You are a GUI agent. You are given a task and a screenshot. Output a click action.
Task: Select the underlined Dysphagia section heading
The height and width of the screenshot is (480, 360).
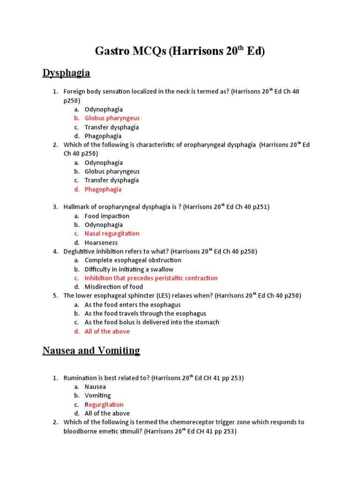[66, 73]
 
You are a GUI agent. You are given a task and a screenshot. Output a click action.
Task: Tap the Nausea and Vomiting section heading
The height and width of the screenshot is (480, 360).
[91, 351]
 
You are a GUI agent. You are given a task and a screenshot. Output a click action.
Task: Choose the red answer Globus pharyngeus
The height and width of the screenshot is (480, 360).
[112, 118]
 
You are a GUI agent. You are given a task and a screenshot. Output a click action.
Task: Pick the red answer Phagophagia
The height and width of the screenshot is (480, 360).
[103, 189]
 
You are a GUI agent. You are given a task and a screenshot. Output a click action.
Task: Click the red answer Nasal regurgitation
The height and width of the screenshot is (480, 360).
[112, 233]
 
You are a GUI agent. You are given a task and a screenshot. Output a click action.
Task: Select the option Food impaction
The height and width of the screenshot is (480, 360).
[107, 216]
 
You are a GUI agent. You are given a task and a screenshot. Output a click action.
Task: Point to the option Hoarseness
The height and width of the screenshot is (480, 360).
[101, 242]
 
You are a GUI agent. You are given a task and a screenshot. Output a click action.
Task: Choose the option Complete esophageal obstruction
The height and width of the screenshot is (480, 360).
[133, 260]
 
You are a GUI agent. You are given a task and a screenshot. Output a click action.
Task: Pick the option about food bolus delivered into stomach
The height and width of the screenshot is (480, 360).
[151, 322]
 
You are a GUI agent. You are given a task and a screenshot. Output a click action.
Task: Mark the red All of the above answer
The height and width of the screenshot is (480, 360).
[107, 331]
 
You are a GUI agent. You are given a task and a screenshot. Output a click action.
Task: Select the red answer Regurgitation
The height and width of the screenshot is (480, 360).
[104, 405]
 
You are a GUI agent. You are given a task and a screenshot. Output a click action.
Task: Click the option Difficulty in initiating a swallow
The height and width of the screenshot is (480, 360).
[129, 269]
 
